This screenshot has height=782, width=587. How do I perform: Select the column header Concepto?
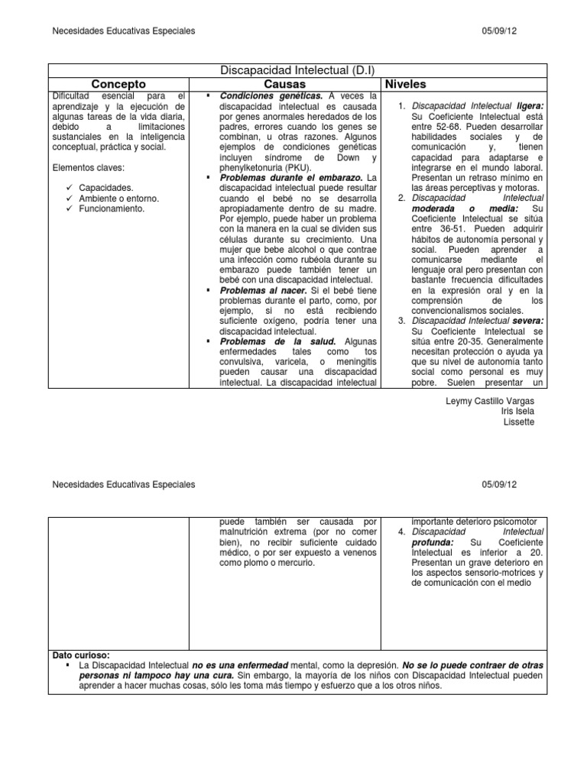point(118,83)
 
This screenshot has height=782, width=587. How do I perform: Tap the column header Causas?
point(284,83)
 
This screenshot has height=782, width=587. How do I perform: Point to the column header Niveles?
point(407,83)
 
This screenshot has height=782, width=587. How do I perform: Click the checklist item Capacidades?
point(106,186)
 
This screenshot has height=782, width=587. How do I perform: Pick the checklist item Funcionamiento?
point(111,208)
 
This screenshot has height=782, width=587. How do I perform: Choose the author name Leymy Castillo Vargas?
point(489,401)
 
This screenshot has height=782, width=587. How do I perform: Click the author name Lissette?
point(517,422)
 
